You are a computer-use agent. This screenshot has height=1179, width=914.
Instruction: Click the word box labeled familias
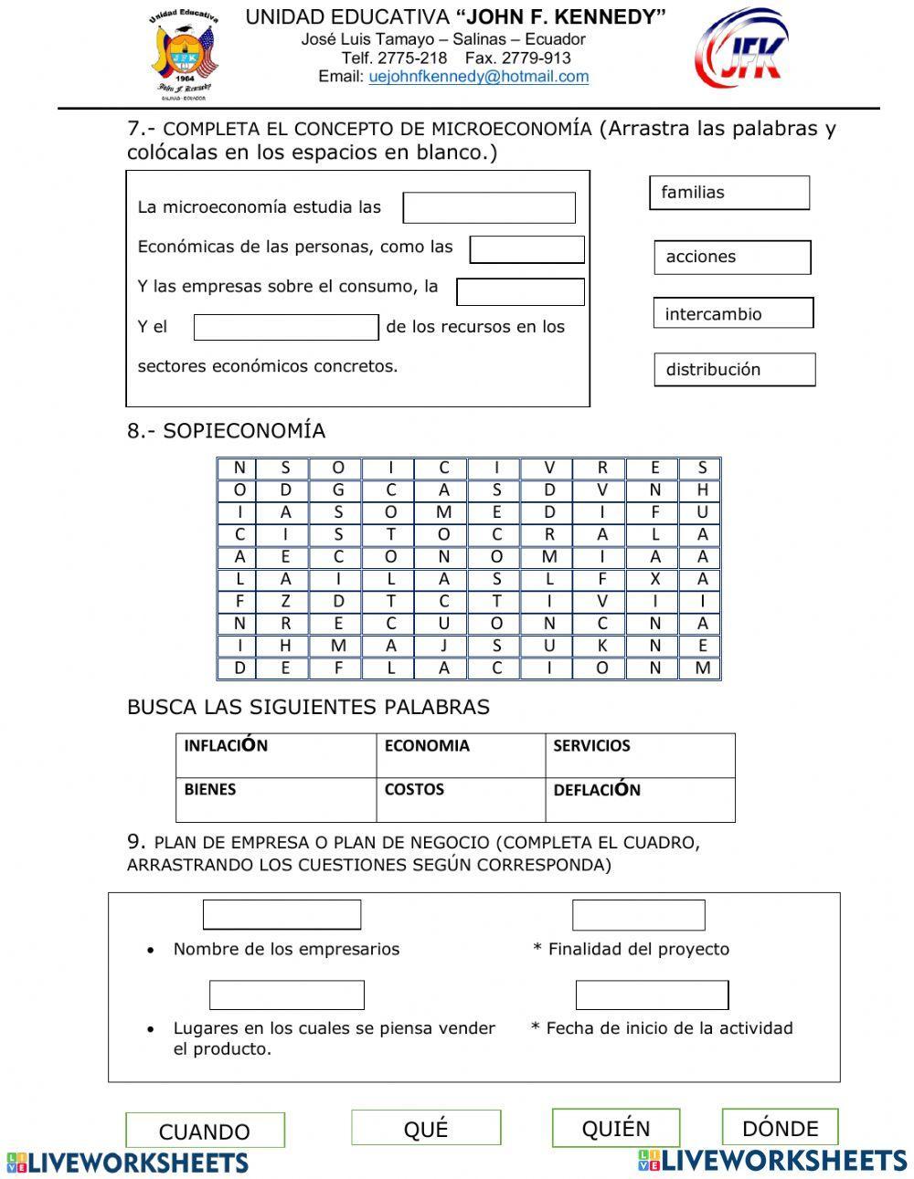729,193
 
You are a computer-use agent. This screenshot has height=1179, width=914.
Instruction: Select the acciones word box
732,258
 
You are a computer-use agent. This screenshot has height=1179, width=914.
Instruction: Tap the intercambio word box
733,313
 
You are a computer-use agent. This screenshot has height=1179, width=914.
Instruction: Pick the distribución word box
734,370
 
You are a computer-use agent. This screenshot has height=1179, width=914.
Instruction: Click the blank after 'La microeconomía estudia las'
489,208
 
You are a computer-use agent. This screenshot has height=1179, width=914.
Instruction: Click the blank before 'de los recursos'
286,327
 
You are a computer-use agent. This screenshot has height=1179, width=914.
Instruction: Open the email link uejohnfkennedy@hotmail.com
478,77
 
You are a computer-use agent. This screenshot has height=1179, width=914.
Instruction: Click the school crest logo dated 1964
186,55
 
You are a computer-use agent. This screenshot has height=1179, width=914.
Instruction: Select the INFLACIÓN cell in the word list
275,755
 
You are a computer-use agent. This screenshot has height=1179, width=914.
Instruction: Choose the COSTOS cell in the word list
460,799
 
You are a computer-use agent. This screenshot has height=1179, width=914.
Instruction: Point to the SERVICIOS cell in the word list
639,755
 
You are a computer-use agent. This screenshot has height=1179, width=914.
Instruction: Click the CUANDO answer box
205,1131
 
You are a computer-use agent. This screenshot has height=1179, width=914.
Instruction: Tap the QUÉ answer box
426,1128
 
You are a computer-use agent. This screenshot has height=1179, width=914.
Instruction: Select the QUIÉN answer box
615,1128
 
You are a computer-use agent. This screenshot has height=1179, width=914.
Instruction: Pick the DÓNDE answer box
780,1127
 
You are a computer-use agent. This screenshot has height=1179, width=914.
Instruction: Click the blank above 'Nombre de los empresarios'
282,914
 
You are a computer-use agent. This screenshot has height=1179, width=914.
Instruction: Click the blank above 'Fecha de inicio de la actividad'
652,995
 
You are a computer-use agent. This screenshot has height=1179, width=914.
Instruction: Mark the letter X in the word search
654,579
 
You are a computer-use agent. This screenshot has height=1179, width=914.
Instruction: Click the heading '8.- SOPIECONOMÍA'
226,431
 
